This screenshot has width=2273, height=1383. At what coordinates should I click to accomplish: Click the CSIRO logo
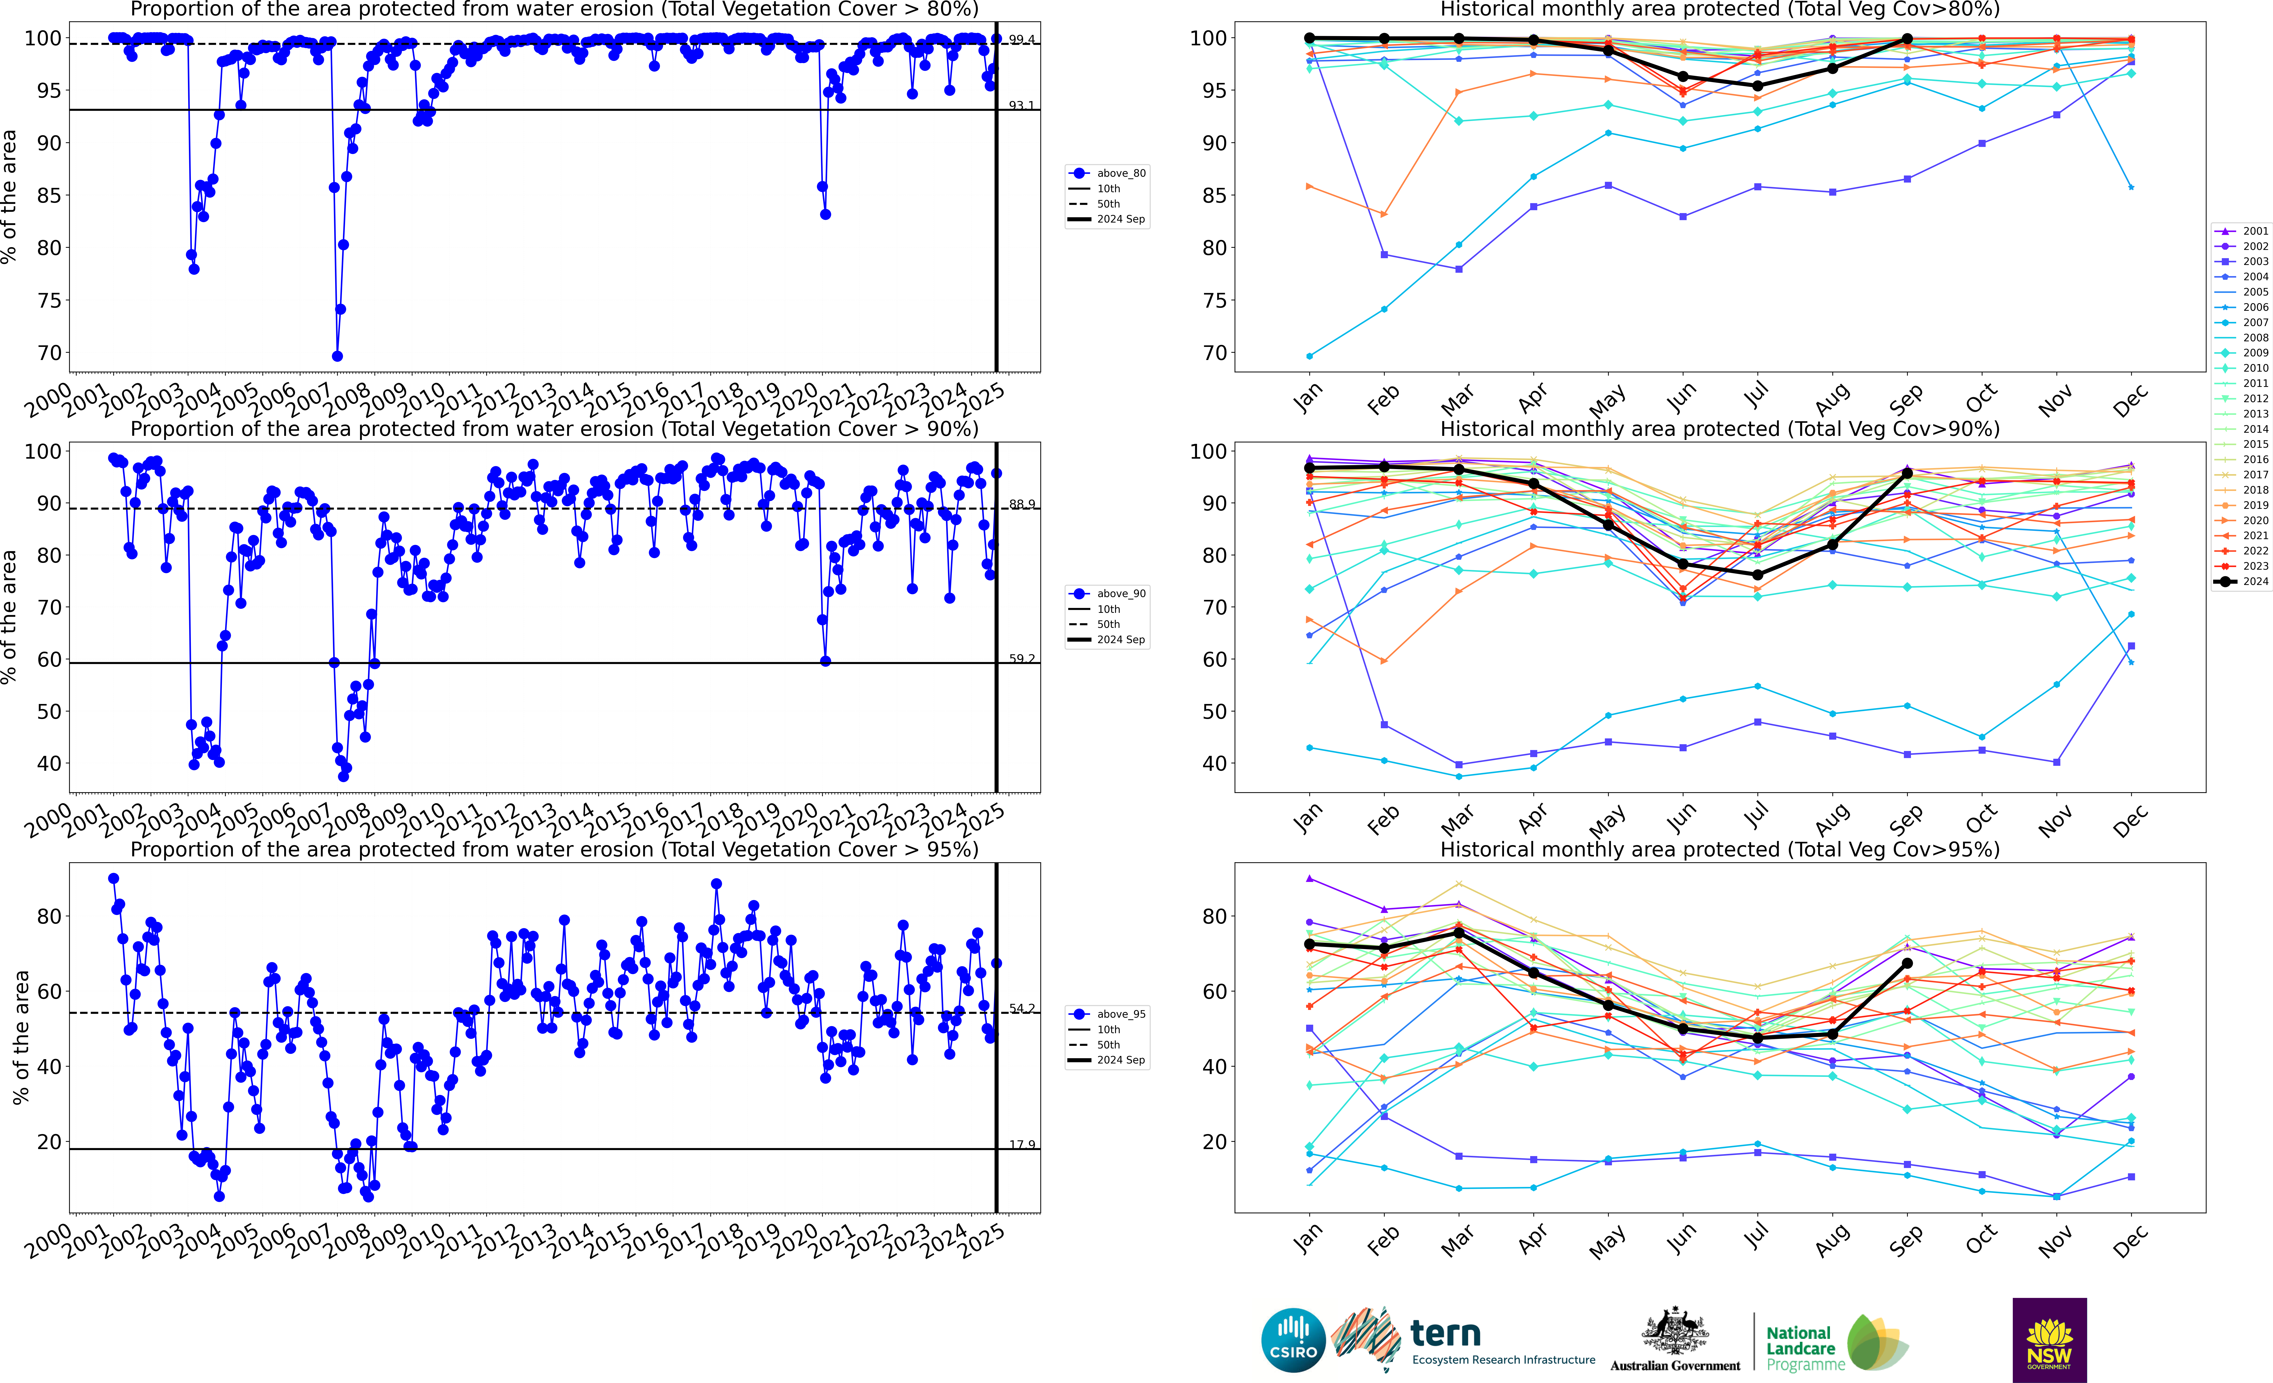[x=1292, y=1340]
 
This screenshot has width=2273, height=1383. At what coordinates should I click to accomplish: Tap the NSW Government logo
[x=2049, y=1340]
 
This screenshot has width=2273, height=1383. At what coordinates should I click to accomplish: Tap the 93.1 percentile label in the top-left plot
[x=1021, y=106]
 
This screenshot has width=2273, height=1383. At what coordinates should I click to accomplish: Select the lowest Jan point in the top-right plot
[x=1309, y=356]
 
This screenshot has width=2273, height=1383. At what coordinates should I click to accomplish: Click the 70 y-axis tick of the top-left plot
[x=50, y=353]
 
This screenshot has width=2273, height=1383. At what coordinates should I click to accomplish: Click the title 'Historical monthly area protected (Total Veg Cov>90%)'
[x=1720, y=429]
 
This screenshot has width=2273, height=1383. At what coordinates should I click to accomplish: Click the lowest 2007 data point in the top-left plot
[x=338, y=356]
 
